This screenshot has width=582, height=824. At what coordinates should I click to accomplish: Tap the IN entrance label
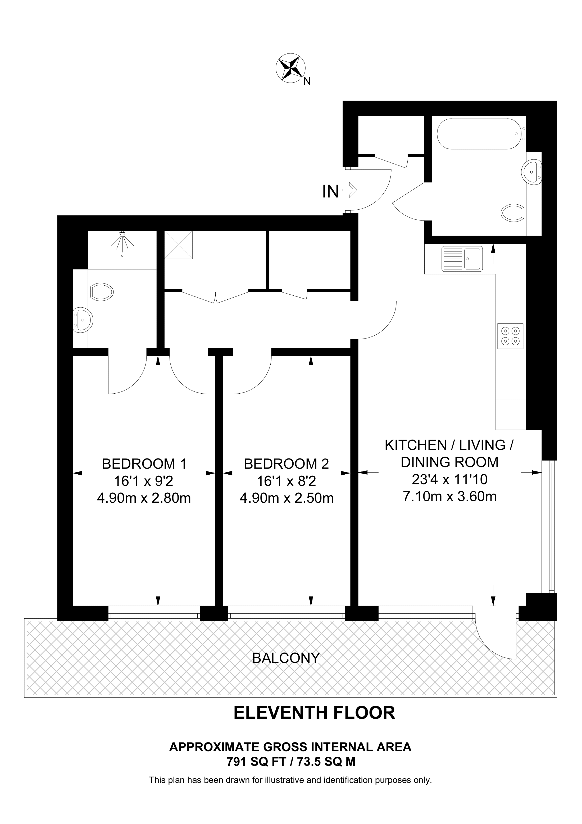[330, 192]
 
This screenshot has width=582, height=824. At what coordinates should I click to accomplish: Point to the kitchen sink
[462, 258]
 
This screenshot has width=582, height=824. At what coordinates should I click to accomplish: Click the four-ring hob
[510, 336]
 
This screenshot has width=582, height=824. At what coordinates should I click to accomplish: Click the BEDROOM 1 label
[144, 464]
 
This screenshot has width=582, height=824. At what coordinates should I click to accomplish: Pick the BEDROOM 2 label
[286, 464]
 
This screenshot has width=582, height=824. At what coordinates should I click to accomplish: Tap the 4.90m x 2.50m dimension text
[286, 498]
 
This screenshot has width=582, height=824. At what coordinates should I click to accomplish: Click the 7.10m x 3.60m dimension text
[450, 497]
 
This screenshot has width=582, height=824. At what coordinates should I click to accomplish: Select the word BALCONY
[286, 658]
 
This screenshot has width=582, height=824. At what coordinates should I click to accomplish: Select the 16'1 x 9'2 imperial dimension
[144, 481]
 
